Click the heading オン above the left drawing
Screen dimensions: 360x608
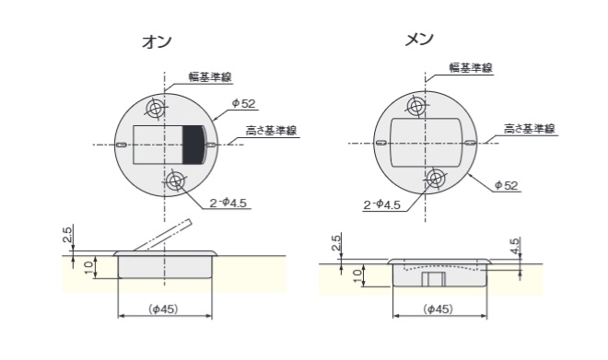[157, 42]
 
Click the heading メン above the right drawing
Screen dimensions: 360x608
[419, 40]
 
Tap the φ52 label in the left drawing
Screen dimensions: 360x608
[241, 103]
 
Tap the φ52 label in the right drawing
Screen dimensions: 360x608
[506, 185]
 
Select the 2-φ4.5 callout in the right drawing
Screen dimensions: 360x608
[381, 204]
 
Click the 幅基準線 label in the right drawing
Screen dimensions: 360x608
[470, 68]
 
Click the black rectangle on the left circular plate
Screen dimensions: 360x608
[193, 145]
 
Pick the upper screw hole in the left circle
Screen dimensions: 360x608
[156, 109]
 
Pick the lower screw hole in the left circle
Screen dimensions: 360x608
[175, 181]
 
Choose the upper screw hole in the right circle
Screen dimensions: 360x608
[417, 108]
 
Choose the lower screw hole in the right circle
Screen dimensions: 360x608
[436, 178]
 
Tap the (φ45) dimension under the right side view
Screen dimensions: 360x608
[438, 309]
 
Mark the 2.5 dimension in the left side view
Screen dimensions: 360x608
[67, 238]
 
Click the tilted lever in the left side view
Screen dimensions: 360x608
[162, 236]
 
